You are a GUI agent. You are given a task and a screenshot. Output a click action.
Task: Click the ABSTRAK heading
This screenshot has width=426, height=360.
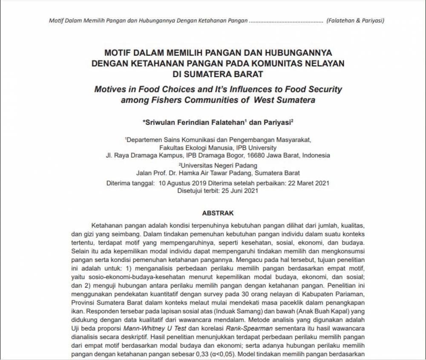pos(218,213)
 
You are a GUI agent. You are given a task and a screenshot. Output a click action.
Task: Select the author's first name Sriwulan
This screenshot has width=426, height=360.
pos(160,122)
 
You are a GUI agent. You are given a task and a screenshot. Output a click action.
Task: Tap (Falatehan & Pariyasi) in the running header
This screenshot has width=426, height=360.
pos(355,20)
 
